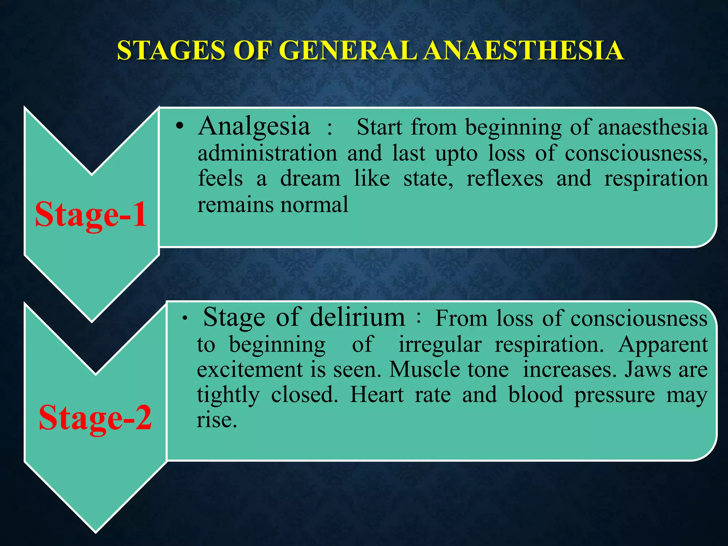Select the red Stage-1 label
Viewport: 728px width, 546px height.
[91, 214]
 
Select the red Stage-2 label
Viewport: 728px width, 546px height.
[95, 418]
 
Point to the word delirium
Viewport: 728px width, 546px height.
[357, 317]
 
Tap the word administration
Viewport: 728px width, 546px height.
[267, 154]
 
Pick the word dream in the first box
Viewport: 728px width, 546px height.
[310, 178]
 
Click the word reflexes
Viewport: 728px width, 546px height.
[504, 178]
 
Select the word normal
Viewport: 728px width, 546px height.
[314, 205]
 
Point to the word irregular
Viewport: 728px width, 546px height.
[440, 344]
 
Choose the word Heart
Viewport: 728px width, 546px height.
[377, 395]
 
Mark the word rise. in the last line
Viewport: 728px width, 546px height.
[217, 420]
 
